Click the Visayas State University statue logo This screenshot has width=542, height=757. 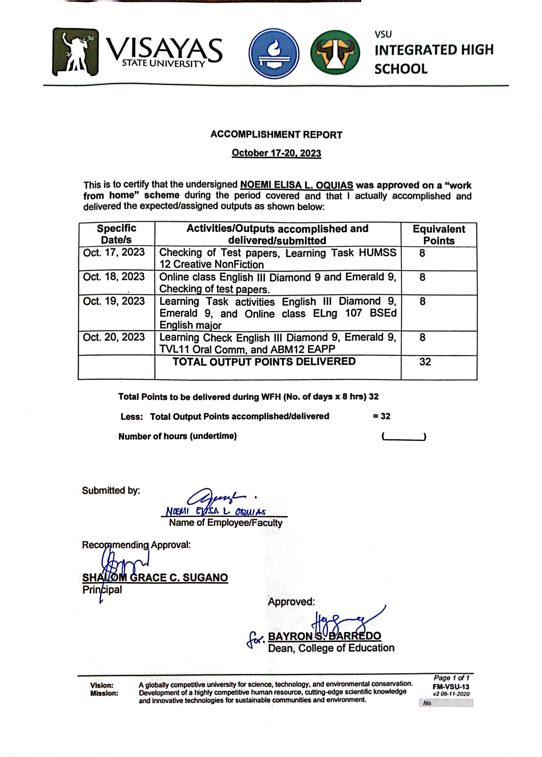click(x=76, y=52)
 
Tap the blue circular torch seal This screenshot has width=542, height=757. click(x=274, y=53)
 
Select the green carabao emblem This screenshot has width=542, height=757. click(x=335, y=52)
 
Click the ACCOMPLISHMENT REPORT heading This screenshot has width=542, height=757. click(x=276, y=135)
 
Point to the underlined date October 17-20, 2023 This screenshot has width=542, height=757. click(x=276, y=153)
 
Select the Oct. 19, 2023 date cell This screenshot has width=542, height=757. click(x=114, y=301)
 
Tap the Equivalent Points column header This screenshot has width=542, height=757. click(x=439, y=235)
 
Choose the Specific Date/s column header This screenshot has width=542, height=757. click(x=117, y=234)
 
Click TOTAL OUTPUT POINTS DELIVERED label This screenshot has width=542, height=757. click(x=264, y=362)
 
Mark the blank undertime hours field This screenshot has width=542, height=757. click(x=404, y=436)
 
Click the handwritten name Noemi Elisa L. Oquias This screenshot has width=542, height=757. click(x=216, y=511)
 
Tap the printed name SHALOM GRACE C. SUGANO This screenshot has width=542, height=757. click(x=155, y=578)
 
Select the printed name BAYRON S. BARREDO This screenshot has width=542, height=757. click(x=324, y=636)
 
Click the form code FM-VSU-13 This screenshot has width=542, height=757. click(x=451, y=687)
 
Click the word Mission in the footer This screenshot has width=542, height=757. click(x=104, y=693)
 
